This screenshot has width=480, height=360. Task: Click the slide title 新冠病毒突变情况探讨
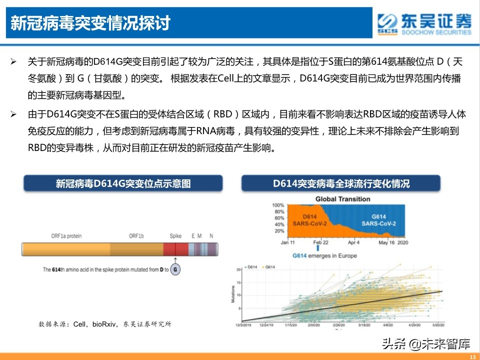click(90, 23)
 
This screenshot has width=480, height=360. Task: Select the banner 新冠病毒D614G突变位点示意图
click(123, 183)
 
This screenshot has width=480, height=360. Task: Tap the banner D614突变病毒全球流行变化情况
click(341, 183)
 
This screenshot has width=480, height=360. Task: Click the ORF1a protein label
click(66, 235)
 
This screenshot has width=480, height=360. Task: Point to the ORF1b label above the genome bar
click(136, 235)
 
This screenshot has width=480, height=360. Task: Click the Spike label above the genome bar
click(175, 235)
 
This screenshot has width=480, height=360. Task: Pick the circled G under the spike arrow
click(175, 270)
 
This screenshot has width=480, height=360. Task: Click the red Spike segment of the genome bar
click(175, 249)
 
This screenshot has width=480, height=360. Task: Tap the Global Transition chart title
click(342, 199)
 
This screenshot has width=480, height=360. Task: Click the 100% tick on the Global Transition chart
click(277, 205)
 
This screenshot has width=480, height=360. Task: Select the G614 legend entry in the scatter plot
click(269, 267)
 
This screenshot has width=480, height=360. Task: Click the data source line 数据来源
click(104, 324)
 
